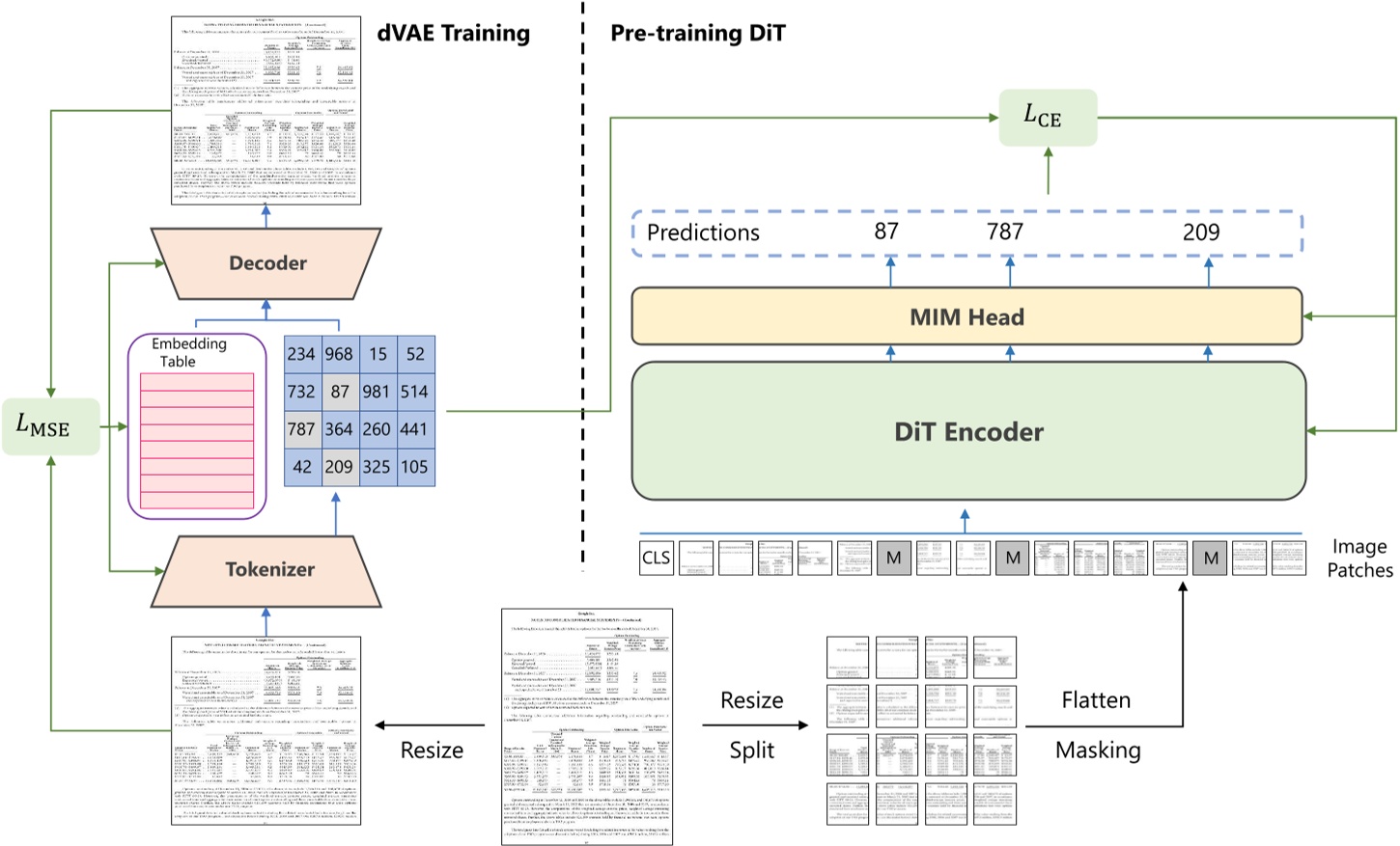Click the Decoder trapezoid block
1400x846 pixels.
click(x=266, y=263)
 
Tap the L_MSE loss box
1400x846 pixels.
click(x=50, y=425)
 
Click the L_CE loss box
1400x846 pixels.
click(x=1047, y=118)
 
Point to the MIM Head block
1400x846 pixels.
click(x=966, y=316)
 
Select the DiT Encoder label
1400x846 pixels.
click(x=968, y=431)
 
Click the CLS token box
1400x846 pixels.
click(x=657, y=558)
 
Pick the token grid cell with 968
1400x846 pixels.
click(x=339, y=354)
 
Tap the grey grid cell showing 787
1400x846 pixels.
click(x=301, y=429)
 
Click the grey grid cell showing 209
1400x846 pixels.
click(x=339, y=467)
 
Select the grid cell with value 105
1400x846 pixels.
click(x=414, y=467)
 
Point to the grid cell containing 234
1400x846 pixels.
click(x=301, y=354)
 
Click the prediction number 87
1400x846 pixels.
click(x=886, y=232)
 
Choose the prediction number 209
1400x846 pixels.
click(x=1201, y=232)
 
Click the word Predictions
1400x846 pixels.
click(x=703, y=232)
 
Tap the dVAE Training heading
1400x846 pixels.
click(x=453, y=33)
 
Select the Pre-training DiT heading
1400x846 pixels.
click(x=697, y=33)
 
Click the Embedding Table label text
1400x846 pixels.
click(x=188, y=352)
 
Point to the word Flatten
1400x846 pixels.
click(x=1096, y=699)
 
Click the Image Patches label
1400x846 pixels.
click(x=1359, y=559)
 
